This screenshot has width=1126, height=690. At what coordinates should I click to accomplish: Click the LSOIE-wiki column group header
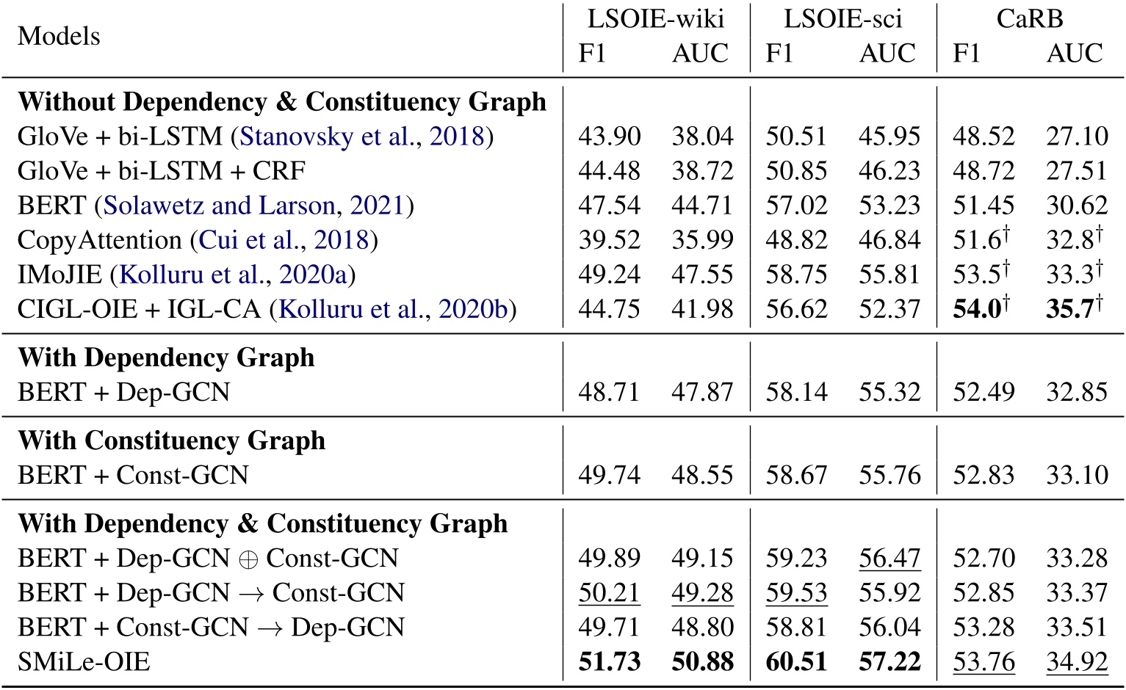[655, 18]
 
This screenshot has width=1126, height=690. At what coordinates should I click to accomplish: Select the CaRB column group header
[1029, 18]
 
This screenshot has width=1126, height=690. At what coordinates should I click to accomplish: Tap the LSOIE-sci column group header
[842, 18]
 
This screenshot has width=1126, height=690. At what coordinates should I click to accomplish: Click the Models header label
[59, 35]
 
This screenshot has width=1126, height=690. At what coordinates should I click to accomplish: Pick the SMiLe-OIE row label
[84, 662]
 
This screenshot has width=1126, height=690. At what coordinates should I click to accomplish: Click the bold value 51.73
[609, 662]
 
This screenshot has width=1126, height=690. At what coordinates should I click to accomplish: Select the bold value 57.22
[889, 662]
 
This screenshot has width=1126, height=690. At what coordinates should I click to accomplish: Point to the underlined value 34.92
[1077, 662]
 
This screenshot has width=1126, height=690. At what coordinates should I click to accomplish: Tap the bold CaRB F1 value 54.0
[978, 308]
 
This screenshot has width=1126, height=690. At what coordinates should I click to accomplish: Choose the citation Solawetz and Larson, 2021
[254, 206]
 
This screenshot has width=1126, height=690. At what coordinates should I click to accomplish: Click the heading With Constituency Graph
[171, 440]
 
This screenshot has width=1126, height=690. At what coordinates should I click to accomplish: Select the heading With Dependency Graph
[166, 357]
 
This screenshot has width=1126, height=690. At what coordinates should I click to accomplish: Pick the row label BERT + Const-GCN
[133, 475]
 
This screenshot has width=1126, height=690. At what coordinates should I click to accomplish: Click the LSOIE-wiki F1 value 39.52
[609, 240]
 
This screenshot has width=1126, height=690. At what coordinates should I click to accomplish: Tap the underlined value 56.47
[889, 558]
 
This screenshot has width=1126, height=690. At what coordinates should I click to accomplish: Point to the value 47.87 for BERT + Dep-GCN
[702, 392]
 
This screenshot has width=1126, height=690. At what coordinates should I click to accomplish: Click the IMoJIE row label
[59, 275]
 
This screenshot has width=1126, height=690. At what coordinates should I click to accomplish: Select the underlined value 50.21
[609, 593]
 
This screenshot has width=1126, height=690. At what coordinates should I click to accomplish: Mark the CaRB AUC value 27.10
[1077, 137]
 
